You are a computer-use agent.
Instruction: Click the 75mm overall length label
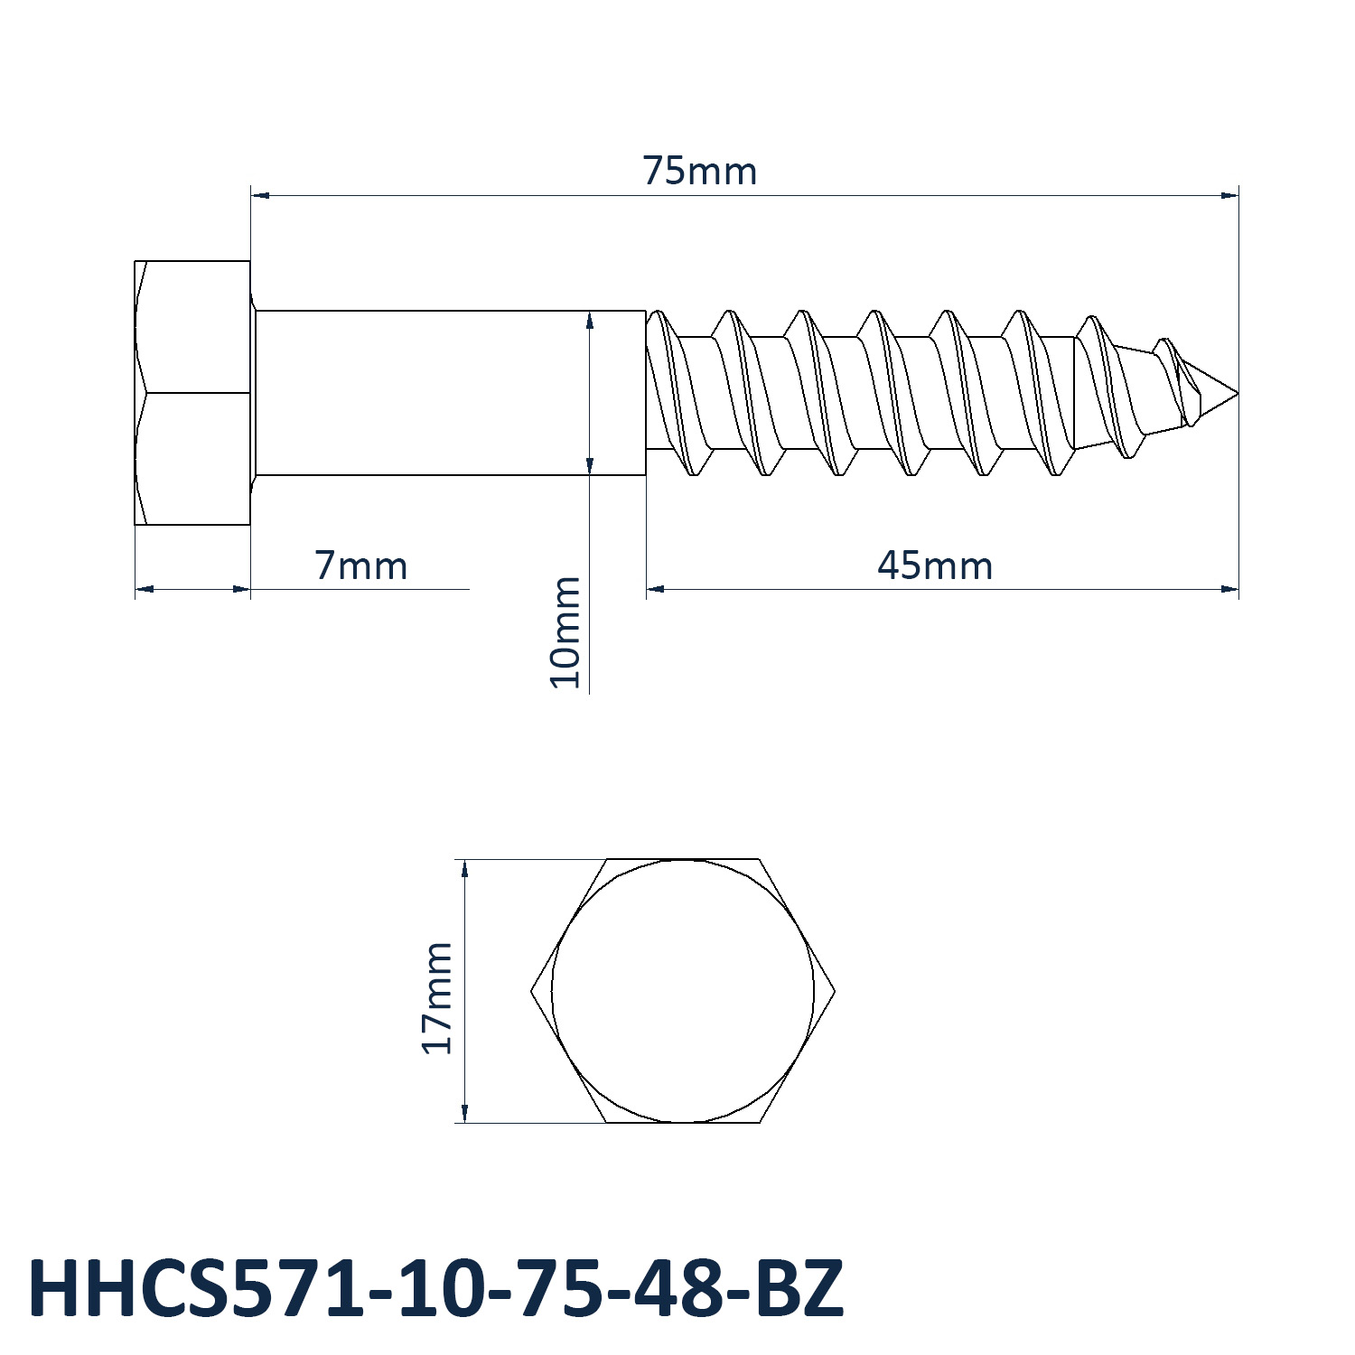700,171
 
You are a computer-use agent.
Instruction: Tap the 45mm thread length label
935,566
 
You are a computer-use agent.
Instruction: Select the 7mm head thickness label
361,566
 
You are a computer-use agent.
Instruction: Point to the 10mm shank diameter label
566,632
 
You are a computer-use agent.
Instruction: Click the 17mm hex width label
437,997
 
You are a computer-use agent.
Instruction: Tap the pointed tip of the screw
1237,393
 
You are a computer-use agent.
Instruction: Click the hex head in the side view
192,392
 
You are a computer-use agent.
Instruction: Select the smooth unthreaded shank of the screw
450,393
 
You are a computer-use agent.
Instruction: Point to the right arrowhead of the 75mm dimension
1229,194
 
